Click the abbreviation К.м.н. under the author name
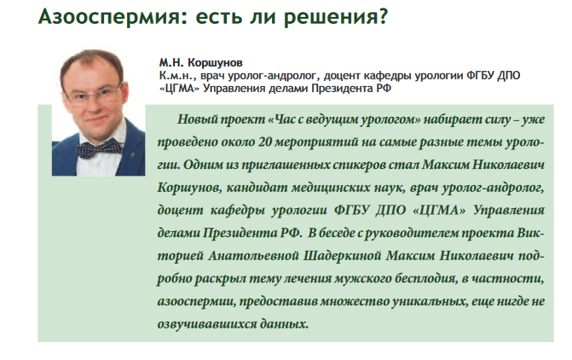point(176,76)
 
